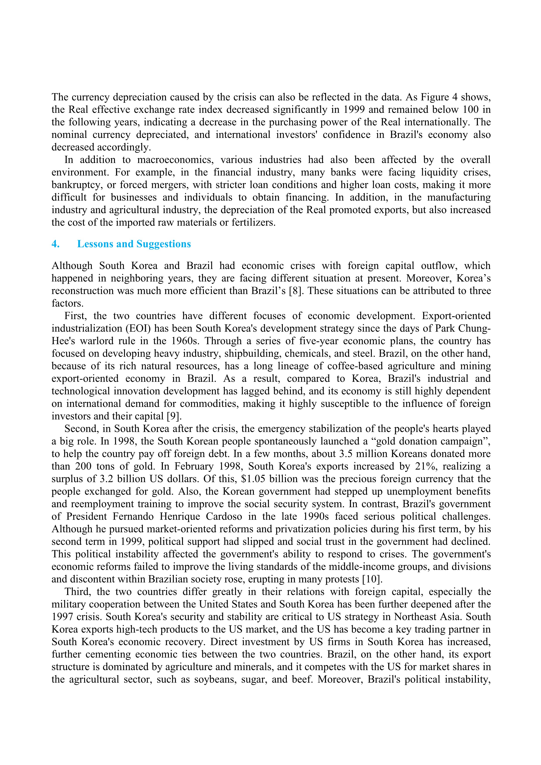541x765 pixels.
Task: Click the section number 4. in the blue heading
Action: [x=55, y=244]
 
